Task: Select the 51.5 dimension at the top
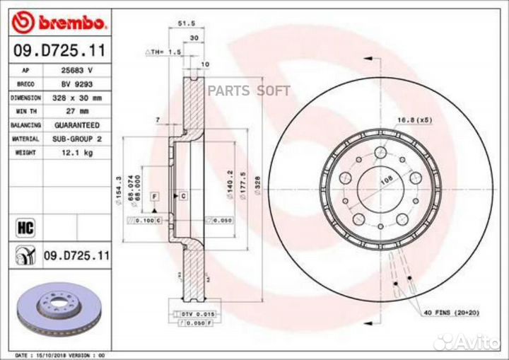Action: click(x=187, y=23)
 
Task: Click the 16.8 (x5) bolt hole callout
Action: click(x=414, y=120)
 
